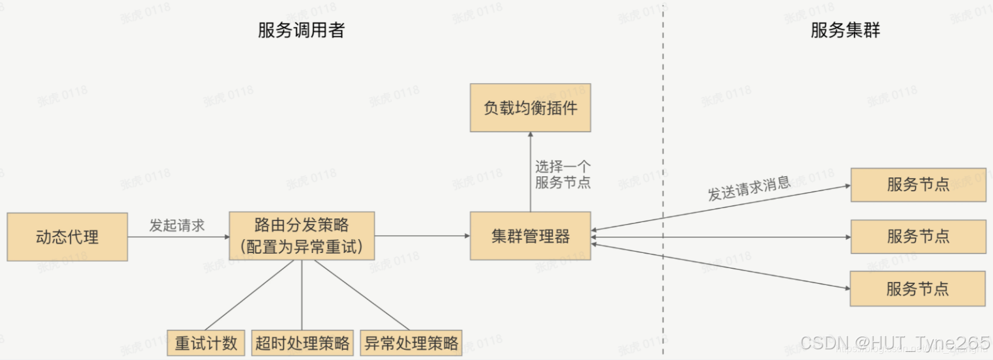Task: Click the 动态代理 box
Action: point(67,237)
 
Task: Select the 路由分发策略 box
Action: point(301,236)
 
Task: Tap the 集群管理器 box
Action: point(530,236)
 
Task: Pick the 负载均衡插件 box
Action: point(530,108)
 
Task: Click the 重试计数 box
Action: point(206,343)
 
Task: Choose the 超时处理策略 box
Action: point(302,343)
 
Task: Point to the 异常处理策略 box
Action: point(412,343)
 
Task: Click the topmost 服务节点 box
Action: point(917,184)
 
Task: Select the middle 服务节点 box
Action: point(917,237)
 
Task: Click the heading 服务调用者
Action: point(301,30)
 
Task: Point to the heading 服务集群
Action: point(845,30)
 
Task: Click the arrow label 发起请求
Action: point(177,225)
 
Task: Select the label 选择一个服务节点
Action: point(563,174)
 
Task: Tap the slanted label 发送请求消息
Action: point(749,188)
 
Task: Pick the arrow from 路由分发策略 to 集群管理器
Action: point(422,236)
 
